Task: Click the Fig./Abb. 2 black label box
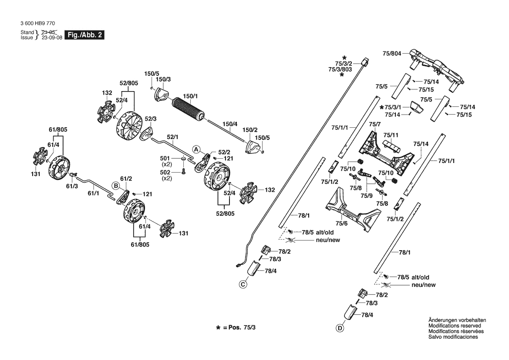point(84,35)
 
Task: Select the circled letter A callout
point(196,149)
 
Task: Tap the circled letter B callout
point(116,186)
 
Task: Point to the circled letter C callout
point(243,285)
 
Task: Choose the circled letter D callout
point(340,329)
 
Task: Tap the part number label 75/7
point(374,125)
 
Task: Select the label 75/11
point(391,135)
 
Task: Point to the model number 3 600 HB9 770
point(37,24)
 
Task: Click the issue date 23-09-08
point(52,37)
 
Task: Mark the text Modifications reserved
point(455,326)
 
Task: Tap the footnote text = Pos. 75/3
point(239,327)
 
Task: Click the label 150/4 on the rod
point(230,124)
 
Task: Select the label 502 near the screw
point(165,173)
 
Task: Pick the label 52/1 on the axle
point(172,137)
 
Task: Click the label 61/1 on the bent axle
point(94,194)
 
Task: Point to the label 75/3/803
point(340,70)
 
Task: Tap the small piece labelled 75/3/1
point(416,107)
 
